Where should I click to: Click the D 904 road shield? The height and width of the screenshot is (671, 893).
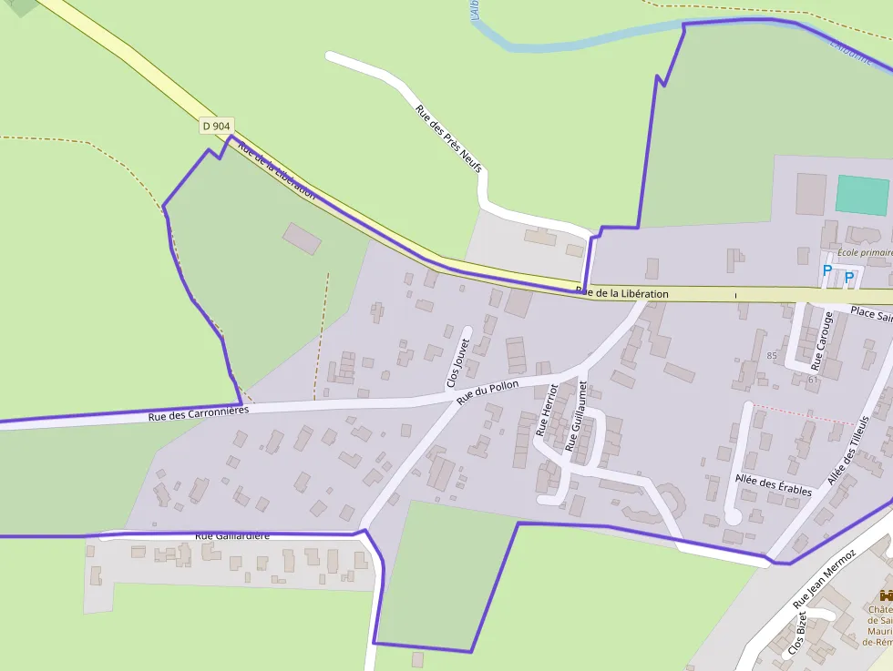(216, 126)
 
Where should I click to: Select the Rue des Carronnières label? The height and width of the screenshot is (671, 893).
(198, 414)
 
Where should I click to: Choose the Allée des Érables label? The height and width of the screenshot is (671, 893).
(773, 486)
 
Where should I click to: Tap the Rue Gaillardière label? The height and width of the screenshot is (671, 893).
(232, 536)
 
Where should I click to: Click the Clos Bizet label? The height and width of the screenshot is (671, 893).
(797, 634)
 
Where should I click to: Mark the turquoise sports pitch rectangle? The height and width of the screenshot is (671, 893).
(862, 195)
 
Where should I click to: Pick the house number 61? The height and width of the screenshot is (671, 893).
(812, 379)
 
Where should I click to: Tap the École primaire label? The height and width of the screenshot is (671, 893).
(864, 252)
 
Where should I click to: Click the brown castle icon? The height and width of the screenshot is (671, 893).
(883, 595)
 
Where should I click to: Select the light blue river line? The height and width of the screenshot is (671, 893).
(583, 41)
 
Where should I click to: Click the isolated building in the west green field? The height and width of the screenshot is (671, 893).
(302, 239)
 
